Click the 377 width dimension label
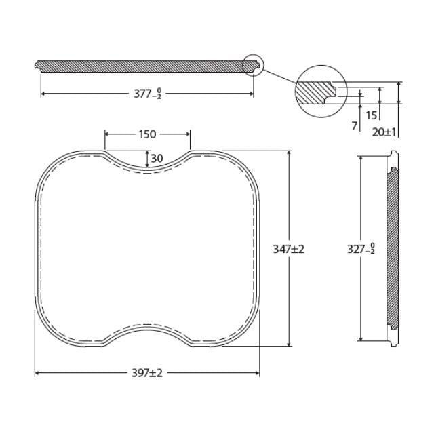[147, 94]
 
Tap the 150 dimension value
[147, 134]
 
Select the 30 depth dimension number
[157, 158]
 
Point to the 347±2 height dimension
[289, 249]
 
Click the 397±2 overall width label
[147, 373]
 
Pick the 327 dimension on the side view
[361, 249]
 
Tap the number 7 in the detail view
[354, 126]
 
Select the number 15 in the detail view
[371, 115]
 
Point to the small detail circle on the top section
[252, 64]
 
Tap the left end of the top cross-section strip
[36, 66]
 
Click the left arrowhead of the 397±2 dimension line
[37, 373]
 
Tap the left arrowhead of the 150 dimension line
[106, 134]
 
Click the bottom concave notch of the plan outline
[147, 327]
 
